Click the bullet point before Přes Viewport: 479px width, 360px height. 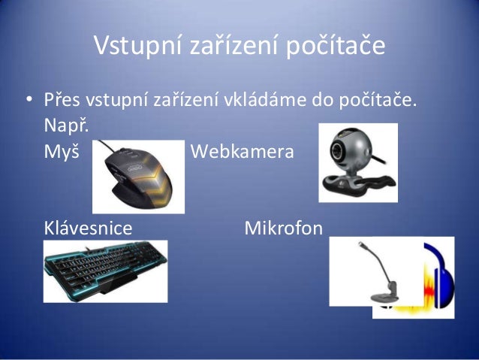[28, 99]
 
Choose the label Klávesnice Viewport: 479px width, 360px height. [89, 227]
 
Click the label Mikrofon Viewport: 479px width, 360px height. [283, 227]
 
